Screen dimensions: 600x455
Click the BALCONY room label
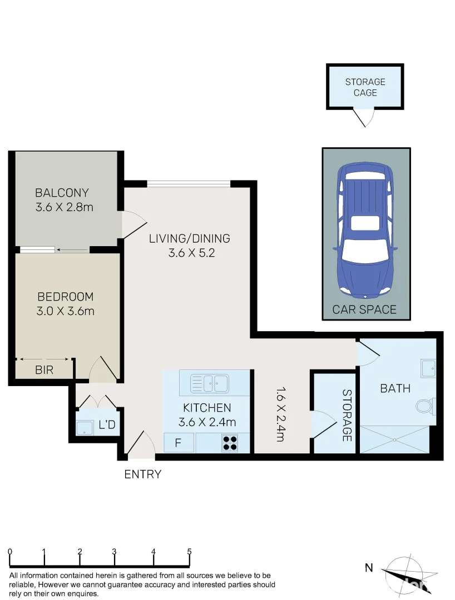click(62, 193)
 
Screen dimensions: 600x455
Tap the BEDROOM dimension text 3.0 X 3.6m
click(65, 311)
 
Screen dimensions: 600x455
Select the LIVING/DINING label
click(189, 239)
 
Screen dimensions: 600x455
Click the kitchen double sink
click(209, 383)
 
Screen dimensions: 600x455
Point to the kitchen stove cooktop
click(230, 442)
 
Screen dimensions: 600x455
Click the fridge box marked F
click(179, 443)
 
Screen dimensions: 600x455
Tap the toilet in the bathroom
click(426, 406)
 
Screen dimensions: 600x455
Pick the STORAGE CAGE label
click(365, 87)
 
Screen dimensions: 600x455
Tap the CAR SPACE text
click(364, 309)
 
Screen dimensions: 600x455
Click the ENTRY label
click(142, 474)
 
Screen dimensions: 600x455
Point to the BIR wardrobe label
click(44, 370)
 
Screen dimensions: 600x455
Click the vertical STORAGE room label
click(347, 415)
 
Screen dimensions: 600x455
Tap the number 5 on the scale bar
click(189, 552)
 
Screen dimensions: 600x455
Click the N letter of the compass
click(368, 567)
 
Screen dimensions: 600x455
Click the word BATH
click(395, 388)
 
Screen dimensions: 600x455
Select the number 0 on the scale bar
click(11, 552)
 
